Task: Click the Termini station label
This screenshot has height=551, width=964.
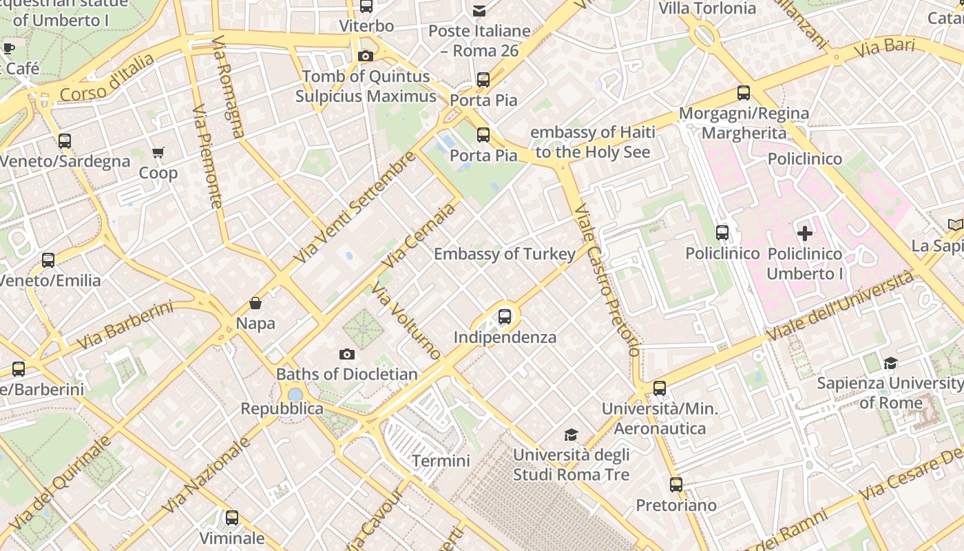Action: [441, 461]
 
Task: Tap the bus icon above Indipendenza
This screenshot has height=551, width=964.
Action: [505, 317]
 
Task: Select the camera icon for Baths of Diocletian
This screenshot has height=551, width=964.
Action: [347, 355]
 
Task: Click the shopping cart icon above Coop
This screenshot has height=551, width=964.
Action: [158, 152]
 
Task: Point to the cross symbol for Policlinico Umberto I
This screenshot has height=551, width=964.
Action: [804, 233]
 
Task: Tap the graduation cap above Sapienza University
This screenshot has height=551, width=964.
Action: [890, 363]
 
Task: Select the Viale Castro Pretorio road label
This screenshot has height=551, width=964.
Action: [607, 280]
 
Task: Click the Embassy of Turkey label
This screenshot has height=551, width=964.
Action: [504, 254]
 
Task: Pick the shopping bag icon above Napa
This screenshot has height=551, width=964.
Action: [255, 303]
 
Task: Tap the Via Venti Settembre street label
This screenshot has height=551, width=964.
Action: [354, 207]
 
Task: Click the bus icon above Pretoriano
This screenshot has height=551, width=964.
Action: [676, 485]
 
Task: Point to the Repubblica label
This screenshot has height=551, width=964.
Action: [282, 408]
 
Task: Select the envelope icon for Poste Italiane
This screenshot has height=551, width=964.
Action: [479, 10]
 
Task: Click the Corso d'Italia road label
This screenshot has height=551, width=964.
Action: [107, 77]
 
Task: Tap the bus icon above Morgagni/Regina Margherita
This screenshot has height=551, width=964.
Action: [743, 93]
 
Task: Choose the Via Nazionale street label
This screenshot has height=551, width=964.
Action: [206, 475]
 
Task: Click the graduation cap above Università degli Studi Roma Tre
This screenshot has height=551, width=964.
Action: [571, 435]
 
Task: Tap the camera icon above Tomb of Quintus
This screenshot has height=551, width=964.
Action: [366, 56]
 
